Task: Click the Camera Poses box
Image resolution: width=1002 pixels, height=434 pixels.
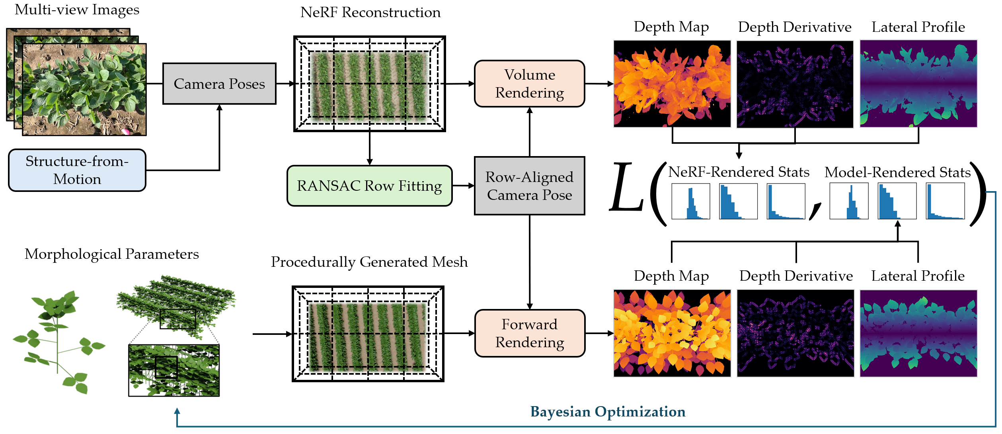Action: tap(219, 84)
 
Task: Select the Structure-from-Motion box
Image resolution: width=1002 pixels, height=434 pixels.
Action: tap(77, 170)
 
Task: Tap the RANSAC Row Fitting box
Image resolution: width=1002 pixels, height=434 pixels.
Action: tap(369, 186)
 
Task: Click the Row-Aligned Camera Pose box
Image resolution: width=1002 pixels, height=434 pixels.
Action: tap(529, 186)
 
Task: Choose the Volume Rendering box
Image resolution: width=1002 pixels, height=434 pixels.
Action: tap(529, 84)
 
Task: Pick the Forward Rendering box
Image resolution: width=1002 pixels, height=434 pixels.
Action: tap(530, 333)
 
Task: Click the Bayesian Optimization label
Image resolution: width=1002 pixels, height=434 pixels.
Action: tap(608, 412)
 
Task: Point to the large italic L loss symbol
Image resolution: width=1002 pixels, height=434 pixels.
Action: tap(627, 187)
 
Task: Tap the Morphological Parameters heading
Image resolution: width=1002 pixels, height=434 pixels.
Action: tap(111, 254)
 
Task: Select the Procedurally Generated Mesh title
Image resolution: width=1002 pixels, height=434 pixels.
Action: tap(369, 262)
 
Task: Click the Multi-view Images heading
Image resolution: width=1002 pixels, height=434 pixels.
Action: tap(77, 10)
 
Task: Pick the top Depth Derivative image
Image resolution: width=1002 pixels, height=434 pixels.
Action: tap(795, 84)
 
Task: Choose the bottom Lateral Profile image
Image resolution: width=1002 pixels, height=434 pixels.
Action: tap(918, 333)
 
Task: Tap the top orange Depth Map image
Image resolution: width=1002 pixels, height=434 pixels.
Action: tap(672, 84)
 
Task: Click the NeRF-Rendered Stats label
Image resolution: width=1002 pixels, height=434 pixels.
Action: tap(739, 172)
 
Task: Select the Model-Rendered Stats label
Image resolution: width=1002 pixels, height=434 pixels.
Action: tap(898, 172)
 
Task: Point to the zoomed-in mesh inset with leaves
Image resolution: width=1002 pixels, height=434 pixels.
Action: tap(174, 370)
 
